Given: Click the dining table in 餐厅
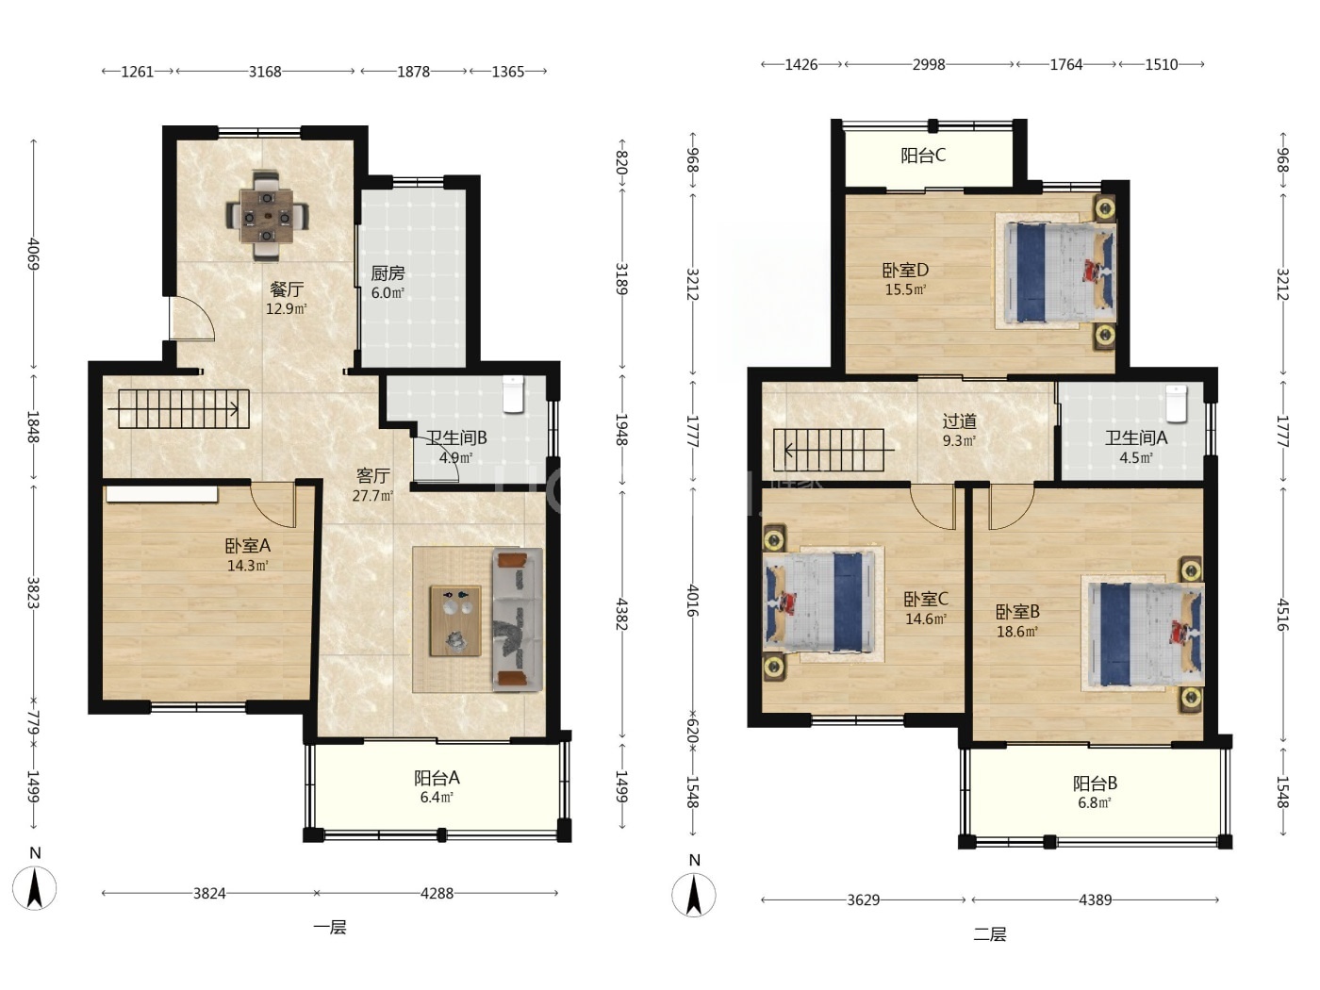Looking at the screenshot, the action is click(x=268, y=216).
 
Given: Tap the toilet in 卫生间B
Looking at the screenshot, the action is click(x=513, y=394).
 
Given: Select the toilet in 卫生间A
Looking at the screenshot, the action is click(x=1176, y=404).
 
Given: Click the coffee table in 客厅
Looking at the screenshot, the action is click(x=455, y=620).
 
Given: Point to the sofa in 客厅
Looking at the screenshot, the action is click(x=518, y=619).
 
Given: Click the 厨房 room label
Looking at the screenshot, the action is click(x=388, y=273).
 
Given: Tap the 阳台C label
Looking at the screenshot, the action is click(x=922, y=156).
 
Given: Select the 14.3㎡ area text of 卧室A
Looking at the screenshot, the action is click(x=247, y=565).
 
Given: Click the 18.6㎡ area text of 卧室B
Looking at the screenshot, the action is click(x=1017, y=631).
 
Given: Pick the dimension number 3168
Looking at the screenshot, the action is click(x=265, y=72).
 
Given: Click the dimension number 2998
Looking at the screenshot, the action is click(x=929, y=64).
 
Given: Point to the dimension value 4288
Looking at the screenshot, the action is click(x=437, y=893).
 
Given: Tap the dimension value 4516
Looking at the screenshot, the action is click(x=1281, y=615).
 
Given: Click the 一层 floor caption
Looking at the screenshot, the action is click(x=330, y=928).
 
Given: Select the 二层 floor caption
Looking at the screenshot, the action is click(x=990, y=934).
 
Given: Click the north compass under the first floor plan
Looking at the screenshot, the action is click(x=35, y=887).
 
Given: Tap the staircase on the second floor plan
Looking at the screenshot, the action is click(x=829, y=450).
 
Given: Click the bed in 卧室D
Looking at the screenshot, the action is click(x=1055, y=272).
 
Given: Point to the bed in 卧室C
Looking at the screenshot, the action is click(x=823, y=602).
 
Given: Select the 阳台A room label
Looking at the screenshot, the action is click(x=437, y=778).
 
